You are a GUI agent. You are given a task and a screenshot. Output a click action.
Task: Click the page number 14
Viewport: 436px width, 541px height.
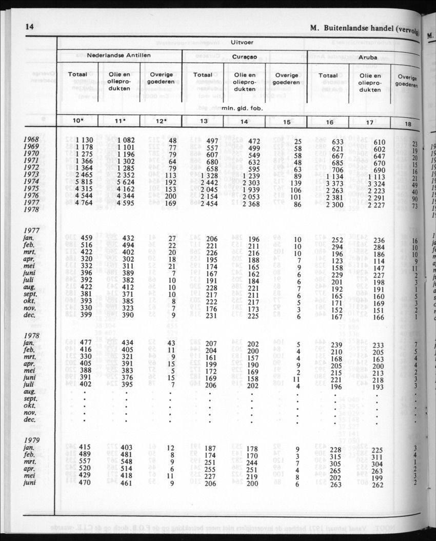pos(29,27)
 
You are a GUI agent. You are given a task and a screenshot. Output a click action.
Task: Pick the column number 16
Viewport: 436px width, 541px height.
pos(329,122)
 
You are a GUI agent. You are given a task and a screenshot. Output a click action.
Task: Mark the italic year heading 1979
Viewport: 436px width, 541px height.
pos(33,440)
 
